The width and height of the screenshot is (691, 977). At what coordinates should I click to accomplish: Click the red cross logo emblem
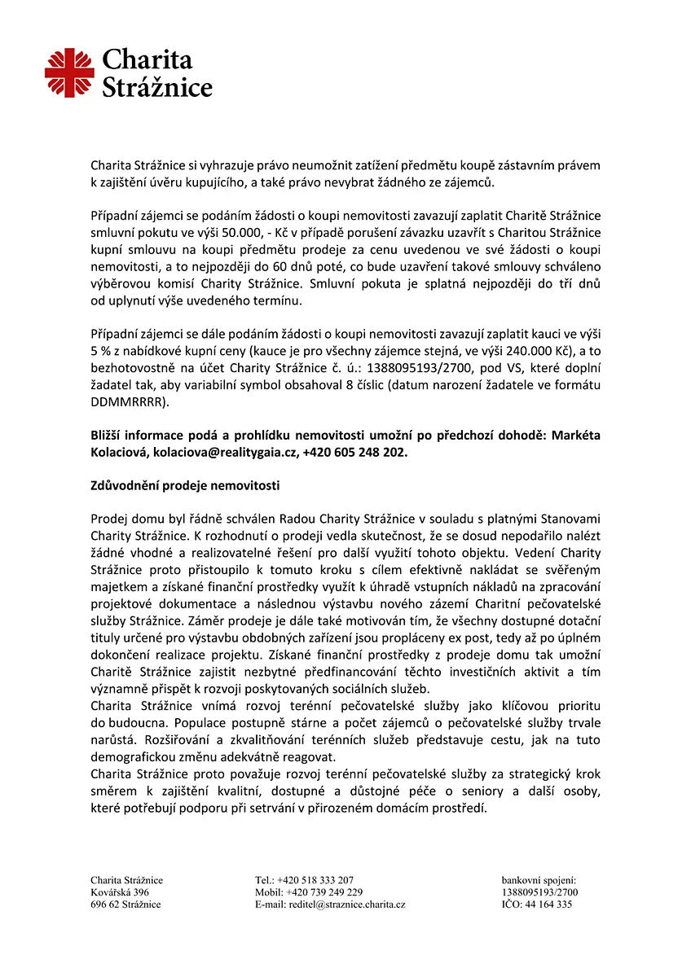(x=70, y=72)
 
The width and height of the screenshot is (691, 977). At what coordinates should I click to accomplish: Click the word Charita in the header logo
(x=147, y=59)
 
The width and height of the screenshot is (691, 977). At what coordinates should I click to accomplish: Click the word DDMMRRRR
(x=129, y=401)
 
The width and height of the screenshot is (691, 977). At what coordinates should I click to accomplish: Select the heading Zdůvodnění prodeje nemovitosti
(x=184, y=486)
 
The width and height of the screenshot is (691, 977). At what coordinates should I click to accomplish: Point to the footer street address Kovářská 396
(x=120, y=892)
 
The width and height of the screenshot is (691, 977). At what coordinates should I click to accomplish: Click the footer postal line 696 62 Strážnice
(x=125, y=905)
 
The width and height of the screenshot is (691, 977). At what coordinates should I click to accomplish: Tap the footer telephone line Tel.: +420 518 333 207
(x=304, y=880)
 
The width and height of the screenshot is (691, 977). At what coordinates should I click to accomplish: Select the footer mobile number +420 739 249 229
(x=320, y=892)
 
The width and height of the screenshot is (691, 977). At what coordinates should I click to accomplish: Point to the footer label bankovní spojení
(x=539, y=880)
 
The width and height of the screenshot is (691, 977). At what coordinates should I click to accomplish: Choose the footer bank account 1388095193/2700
(x=540, y=892)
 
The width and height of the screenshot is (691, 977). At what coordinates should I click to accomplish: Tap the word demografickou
(x=133, y=757)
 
